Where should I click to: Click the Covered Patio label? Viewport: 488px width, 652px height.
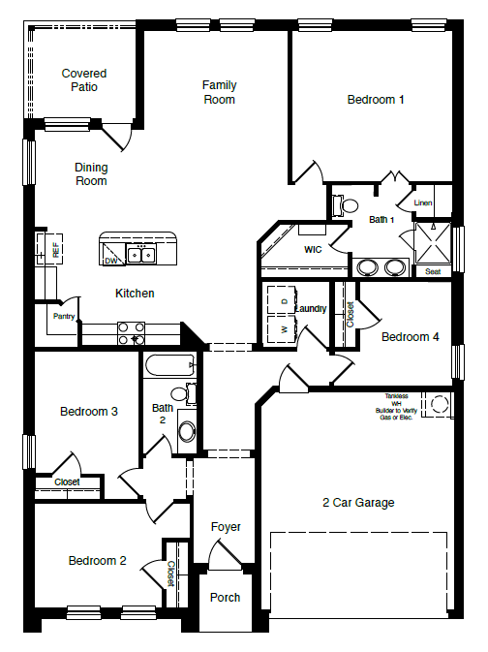(x=84, y=80)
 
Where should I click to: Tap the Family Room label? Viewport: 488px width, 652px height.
(x=219, y=92)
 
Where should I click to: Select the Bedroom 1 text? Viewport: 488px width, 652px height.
(x=376, y=99)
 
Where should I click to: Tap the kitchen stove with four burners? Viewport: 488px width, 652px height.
(x=131, y=333)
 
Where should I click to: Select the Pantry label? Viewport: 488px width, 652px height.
(x=64, y=316)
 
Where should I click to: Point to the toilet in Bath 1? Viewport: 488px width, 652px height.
(x=347, y=205)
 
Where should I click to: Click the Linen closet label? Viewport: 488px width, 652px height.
(x=423, y=203)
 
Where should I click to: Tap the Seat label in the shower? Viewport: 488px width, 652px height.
(x=432, y=272)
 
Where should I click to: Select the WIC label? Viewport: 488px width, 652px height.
(x=312, y=250)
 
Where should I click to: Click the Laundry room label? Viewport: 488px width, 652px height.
(x=311, y=309)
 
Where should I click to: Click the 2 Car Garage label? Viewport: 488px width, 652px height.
(x=358, y=503)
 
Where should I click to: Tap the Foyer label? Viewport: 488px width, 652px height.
(x=226, y=527)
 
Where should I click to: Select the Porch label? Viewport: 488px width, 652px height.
(x=226, y=598)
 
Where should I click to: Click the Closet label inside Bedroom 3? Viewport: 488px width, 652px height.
(x=67, y=481)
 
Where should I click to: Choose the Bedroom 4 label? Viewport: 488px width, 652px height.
(x=410, y=337)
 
